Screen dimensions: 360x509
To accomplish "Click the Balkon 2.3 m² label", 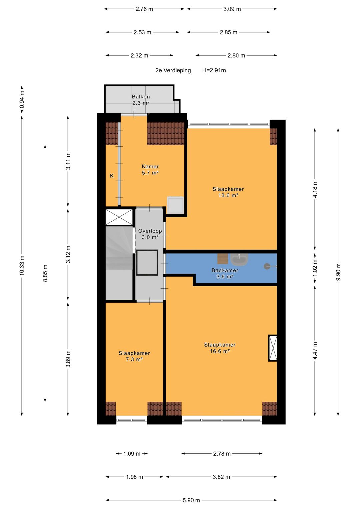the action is tap(141, 100).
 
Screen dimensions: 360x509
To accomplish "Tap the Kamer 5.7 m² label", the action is tap(150, 170).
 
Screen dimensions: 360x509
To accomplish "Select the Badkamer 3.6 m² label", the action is tap(225, 273).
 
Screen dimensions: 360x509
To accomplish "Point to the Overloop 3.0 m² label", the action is tap(150, 234).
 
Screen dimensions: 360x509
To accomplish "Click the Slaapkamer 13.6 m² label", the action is tap(228, 192).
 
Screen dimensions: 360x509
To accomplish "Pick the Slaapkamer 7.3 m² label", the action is tap(134, 356).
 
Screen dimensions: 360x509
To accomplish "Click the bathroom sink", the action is tap(239, 260).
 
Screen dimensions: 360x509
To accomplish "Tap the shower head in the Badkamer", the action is tap(267, 266).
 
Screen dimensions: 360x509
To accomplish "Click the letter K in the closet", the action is tap(112, 176).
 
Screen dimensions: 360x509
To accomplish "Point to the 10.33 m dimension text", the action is tap(22, 265).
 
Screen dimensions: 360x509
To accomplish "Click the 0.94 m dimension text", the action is tap(22, 100).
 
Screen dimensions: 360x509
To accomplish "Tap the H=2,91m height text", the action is tap(214, 70).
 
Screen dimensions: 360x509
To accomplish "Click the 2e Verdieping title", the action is tap(173, 70).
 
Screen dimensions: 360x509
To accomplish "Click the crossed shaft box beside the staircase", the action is tap(119, 217).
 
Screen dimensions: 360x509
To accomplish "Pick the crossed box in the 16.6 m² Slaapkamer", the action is tap(273, 348).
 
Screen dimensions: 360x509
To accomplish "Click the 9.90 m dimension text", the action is tap(338, 272).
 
